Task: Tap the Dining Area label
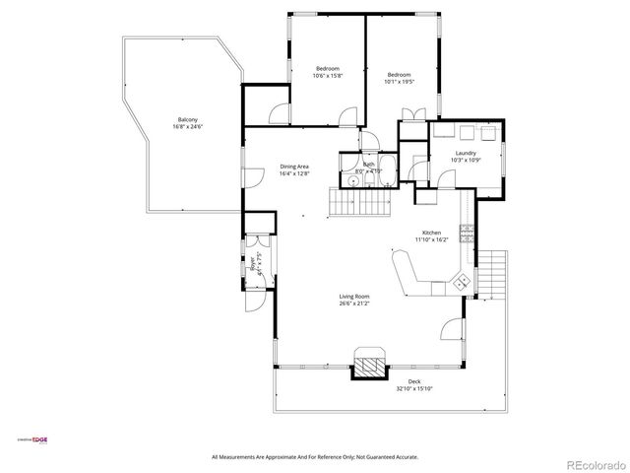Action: (294, 169)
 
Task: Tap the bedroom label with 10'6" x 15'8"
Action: (326, 72)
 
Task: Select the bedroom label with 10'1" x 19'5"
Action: (399, 78)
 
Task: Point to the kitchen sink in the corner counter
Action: (460, 282)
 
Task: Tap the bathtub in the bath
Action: (385, 166)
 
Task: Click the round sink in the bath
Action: (351, 180)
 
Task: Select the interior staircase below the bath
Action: (360, 204)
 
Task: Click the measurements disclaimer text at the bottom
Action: (315, 456)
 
